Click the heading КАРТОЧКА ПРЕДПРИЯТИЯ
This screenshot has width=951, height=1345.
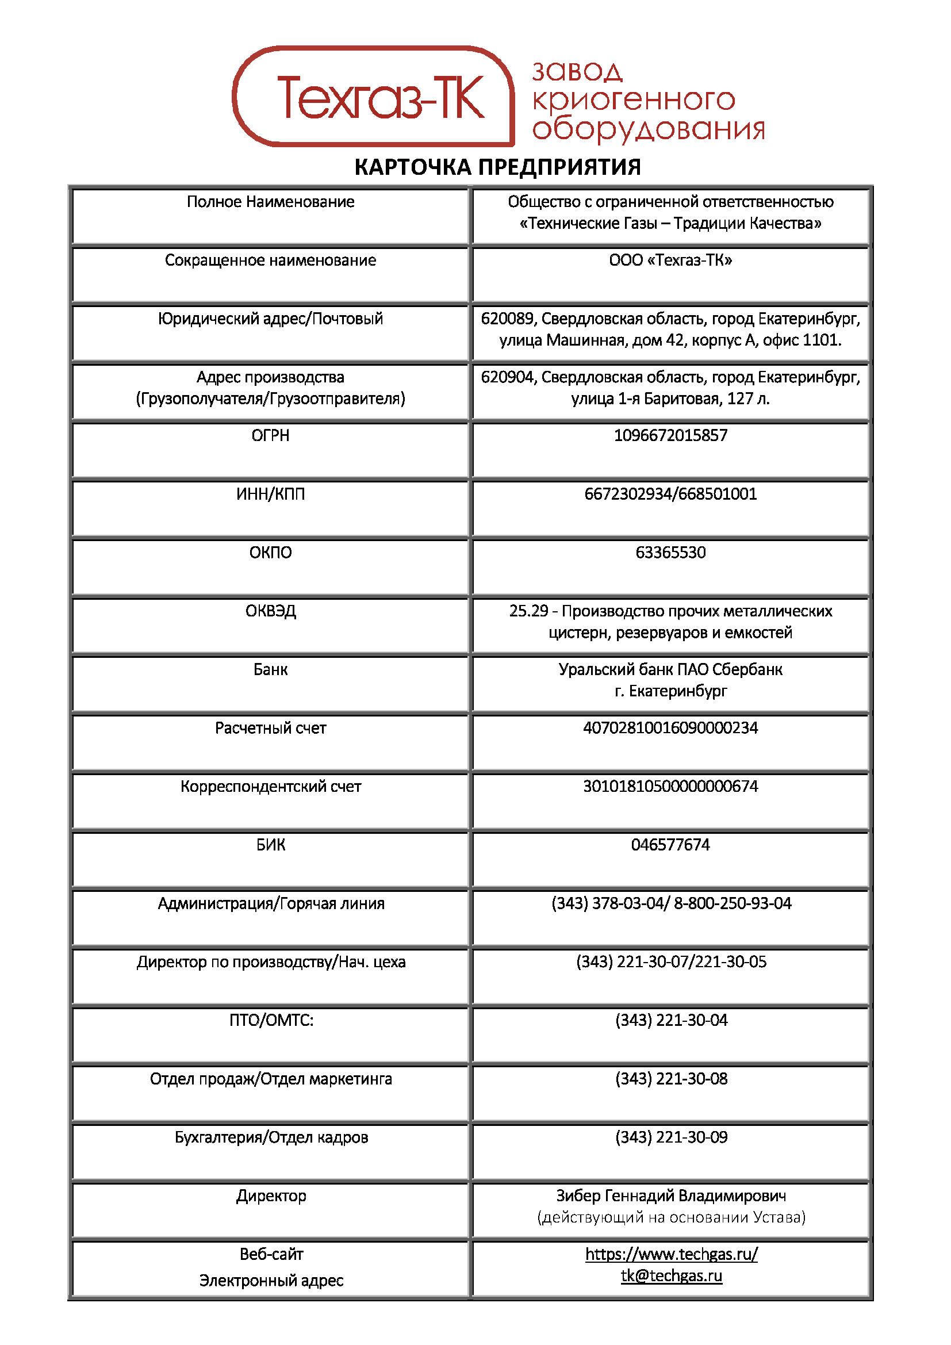[497, 167]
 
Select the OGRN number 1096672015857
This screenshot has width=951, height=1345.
[670, 435]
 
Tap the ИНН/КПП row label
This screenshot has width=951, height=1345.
[271, 494]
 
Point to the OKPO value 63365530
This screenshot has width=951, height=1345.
[670, 553]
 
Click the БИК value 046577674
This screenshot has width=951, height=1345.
[670, 845]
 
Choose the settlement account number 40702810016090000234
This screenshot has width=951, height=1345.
[670, 727]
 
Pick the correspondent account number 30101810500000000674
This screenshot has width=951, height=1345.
[670, 786]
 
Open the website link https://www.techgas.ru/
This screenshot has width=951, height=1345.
[671, 1254]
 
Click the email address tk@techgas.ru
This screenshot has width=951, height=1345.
[671, 1276]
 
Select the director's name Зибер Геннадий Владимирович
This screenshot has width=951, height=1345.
[670, 1195]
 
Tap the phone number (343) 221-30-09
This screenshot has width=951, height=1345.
[671, 1137]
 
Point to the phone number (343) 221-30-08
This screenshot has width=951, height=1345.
[671, 1078]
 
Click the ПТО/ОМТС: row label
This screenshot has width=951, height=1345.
[271, 1020]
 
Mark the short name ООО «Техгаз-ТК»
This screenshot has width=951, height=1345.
[670, 260]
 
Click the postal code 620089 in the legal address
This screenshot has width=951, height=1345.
[507, 319]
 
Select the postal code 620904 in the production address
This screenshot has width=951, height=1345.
[507, 377]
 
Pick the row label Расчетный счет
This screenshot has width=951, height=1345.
[271, 727]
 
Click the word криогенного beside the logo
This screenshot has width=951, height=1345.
[633, 99]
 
